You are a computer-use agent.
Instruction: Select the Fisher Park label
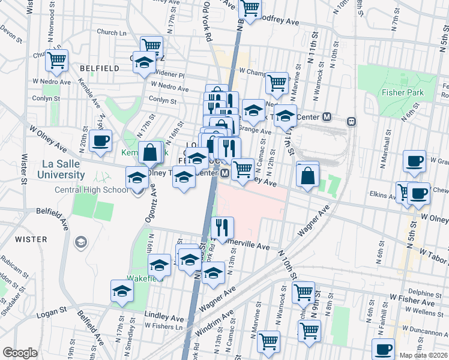pyautogui.click(x=402, y=92)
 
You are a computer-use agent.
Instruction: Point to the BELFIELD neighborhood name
pyautogui.click(x=98, y=68)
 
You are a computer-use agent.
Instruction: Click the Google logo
pyautogui.click(x=20, y=353)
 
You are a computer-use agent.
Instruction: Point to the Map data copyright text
pyautogui.click(x=424, y=355)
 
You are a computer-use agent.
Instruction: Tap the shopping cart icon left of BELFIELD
pyautogui.click(x=56, y=59)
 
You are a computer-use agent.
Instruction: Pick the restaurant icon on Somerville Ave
pyautogui.click(x=223, y=227)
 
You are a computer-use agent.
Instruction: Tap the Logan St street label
pyautogui.click(x=53, y=312)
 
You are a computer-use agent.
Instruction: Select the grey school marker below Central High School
pyautogui.click(x=80, y=242)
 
